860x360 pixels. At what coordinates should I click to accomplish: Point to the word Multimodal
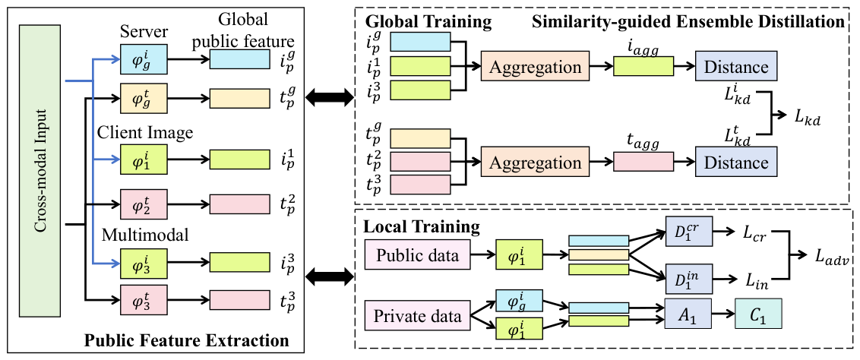pyautogui.click(x=145, y=235)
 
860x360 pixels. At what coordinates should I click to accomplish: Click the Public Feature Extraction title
pyautogui.click(x=186, y=339)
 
